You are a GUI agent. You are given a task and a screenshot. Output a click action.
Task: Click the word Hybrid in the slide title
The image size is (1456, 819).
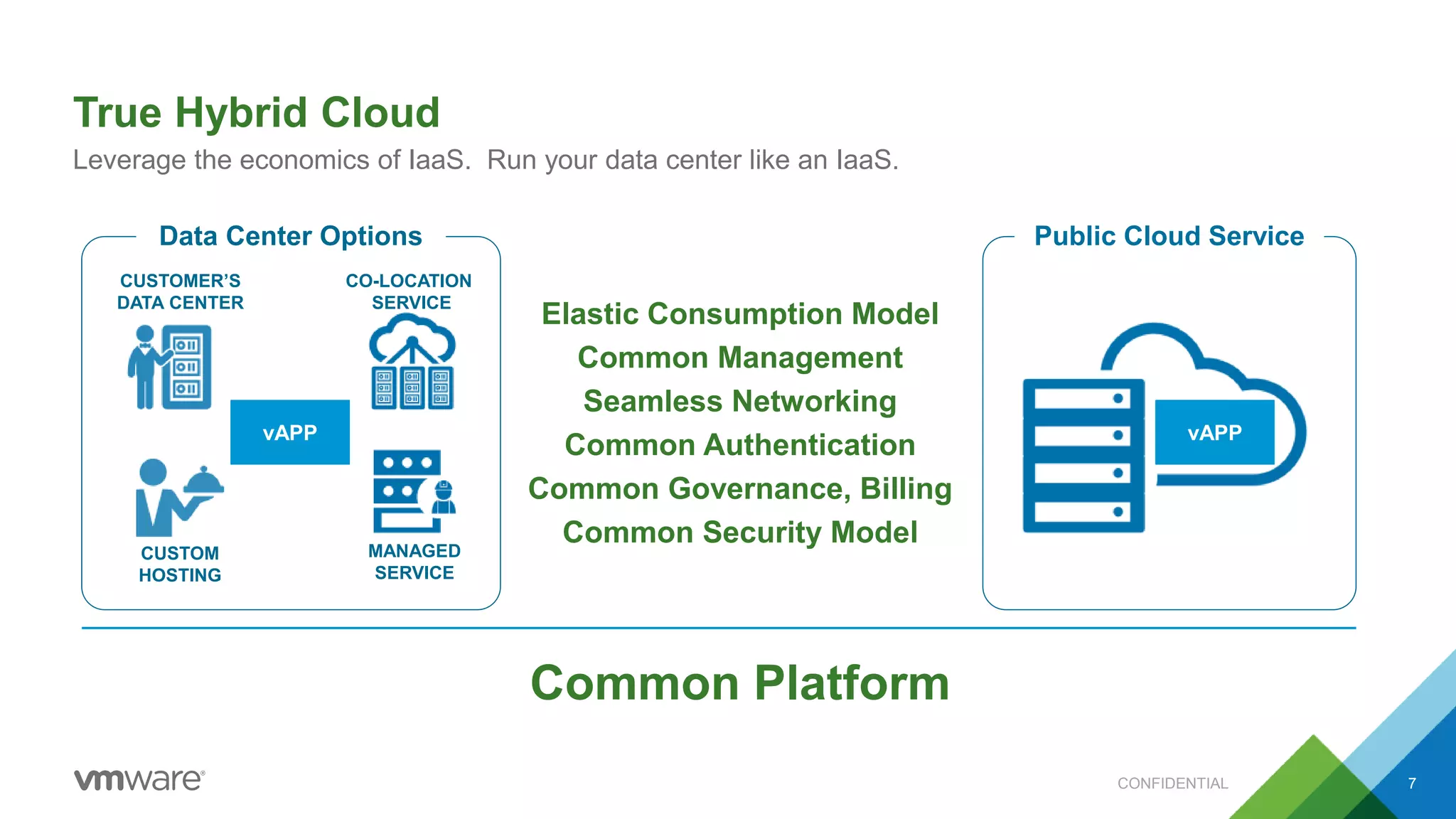tap(241, 113)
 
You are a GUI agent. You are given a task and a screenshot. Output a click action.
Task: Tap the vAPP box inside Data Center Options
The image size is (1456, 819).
tap(290, 432)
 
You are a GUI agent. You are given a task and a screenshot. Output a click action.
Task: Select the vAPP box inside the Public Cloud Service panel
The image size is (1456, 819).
tap(1214, 432)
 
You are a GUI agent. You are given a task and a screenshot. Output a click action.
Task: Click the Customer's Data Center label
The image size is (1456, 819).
tap(180, 291)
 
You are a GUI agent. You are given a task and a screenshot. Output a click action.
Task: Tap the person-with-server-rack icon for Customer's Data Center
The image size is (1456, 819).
tap(171, 367)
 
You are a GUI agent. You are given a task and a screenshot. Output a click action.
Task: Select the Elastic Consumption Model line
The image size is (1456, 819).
tap(739, 314)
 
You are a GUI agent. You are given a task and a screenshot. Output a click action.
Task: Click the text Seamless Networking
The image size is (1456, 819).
tap(739, 401)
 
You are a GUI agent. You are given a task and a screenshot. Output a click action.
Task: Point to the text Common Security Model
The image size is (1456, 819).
tap(739, 532)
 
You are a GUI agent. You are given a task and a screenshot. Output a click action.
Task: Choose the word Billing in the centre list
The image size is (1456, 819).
tap(905, 489)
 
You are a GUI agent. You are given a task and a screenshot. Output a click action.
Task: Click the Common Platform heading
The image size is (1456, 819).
tap(739, 682)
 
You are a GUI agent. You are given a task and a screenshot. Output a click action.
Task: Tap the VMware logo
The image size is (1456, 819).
tap(139, 780)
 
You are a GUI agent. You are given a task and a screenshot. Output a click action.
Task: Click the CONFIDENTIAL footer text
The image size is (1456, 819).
tap(1172, 783)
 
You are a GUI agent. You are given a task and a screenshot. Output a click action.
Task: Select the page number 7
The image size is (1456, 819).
tap(1412, 783)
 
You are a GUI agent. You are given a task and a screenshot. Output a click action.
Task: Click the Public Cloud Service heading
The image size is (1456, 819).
tap(1169, 236)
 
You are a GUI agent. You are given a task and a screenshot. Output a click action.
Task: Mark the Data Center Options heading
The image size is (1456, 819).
tap(290, 236)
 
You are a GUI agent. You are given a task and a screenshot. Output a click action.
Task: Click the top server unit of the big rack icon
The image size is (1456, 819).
tap(1083, 398)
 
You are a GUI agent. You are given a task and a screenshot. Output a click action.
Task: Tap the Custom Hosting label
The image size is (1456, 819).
tap(180, 564)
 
